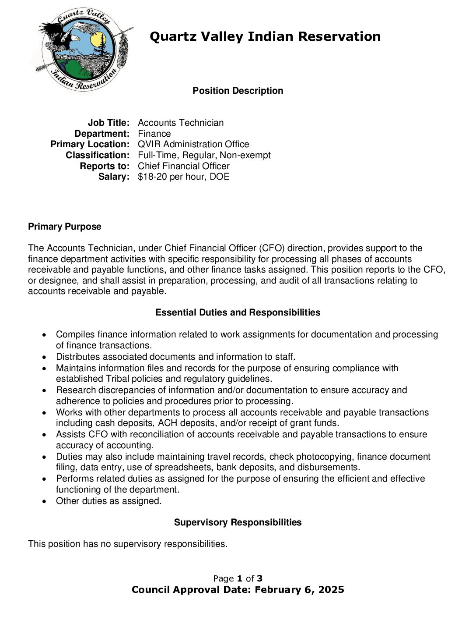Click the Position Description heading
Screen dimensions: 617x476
pyautogui.click(x=238, y=91)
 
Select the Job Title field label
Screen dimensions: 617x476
pyautogui.click(x=108, y=123)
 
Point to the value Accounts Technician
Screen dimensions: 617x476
pyautogui.click(x=180, y=123)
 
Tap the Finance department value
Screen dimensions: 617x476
pyautogui.click(x=154, y=134)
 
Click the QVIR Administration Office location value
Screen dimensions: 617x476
pyautogui.click(x=193, y=144)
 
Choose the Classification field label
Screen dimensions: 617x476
pyautogui.click(x=98, y=155)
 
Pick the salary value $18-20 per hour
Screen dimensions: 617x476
pyautogui.click(x=183, y=177)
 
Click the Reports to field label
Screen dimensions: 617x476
pyautogui.click(x=105, y=166)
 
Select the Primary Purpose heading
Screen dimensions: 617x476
pyautogui.click(x=64, y=227)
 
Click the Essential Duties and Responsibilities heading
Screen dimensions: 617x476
pyautogui.click(x=238, y=312)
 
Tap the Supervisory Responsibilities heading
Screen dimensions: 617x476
pyautogui.click(x=238, y=522)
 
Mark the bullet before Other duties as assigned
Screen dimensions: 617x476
pyautogui.click(x=45, y=501)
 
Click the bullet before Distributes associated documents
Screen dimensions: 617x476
pyautogui.click(x=45, y=357)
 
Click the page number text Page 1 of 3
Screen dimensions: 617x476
pyautogui.click(x=238, y=578)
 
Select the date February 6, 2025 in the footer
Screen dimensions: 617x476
pyautogui.click(x=299, y=590)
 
